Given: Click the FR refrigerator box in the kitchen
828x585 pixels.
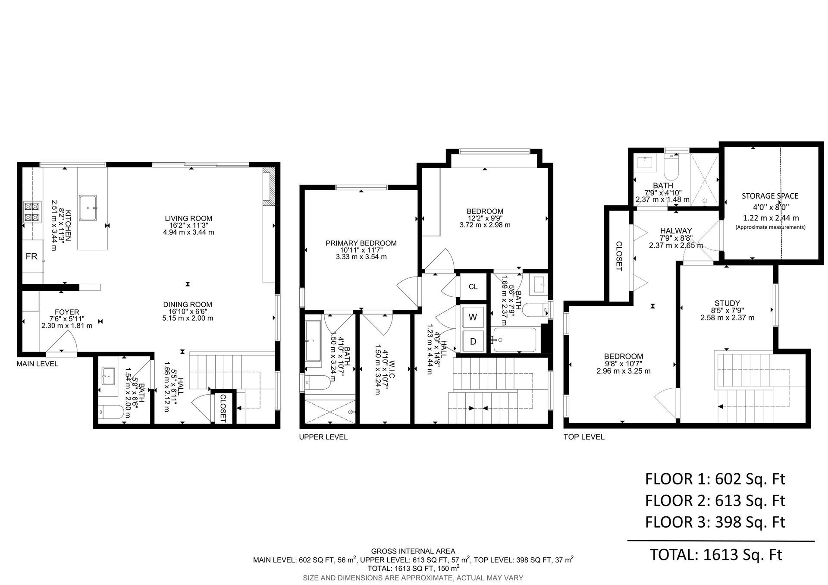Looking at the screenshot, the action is pos(32,256).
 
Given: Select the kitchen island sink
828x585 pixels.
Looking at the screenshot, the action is pos(88,208).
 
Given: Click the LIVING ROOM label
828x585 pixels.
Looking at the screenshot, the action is pos(188,218).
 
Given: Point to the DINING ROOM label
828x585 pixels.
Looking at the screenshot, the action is pos(188,305).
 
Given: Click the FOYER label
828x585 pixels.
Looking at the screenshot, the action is pos(67,312).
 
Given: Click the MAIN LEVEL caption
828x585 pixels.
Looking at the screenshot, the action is pos(37,364).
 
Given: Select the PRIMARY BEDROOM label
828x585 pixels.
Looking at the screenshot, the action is pos(361,243).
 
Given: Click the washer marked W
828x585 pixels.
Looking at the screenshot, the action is pos(473,317).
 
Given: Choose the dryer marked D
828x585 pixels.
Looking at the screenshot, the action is pos(473,342).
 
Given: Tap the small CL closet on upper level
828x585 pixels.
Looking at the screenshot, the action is pos(473,286).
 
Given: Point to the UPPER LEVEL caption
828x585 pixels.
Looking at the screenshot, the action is pos(323,437).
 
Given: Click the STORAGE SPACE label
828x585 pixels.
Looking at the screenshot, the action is pos(770,196).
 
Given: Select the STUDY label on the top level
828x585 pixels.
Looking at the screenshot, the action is pos(727,303).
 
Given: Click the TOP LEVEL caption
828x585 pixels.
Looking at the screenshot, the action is pos(584,437).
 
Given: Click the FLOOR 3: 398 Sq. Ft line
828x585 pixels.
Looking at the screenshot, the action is pos(715,522).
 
